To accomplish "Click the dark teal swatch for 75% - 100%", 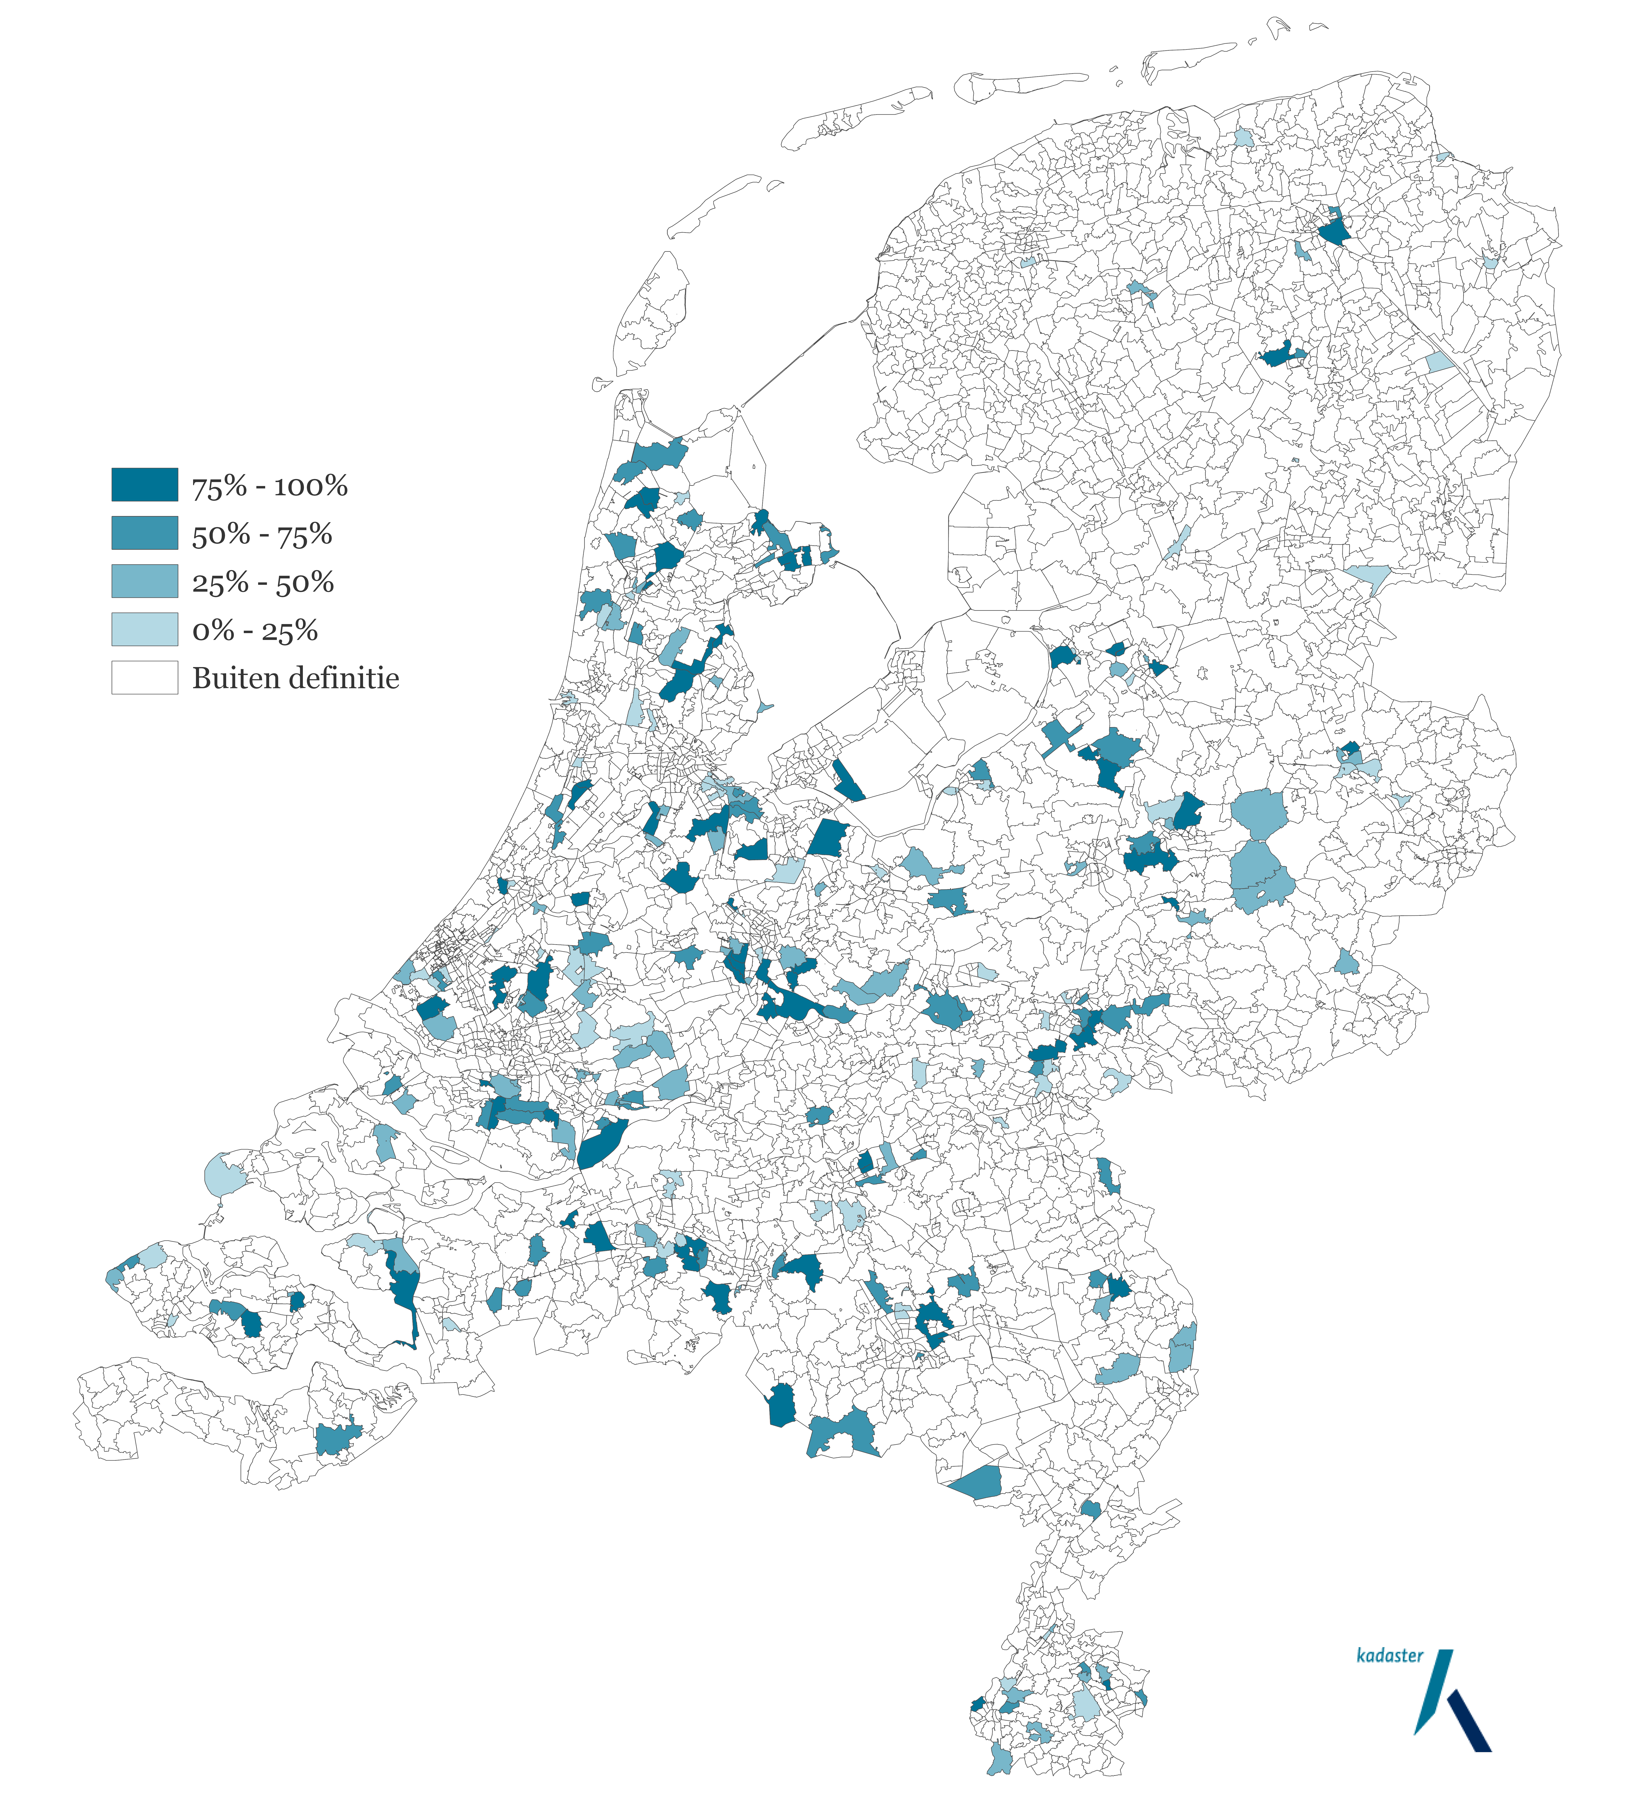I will pos(144,484).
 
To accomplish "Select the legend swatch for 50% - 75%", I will pos(144,533).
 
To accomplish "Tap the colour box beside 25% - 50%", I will pos(144,581).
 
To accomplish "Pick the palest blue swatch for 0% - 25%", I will pos(144,629).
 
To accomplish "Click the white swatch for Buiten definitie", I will pos(144,677).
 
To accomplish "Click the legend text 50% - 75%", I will pos(262,534).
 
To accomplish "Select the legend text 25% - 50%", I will pos(263,582).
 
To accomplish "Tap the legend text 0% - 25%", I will pos(255,630).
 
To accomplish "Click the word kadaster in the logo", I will pos(1389,1655).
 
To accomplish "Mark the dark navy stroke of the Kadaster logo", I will pos(1469,1723).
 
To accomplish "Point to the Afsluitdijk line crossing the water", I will pos(801,356).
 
